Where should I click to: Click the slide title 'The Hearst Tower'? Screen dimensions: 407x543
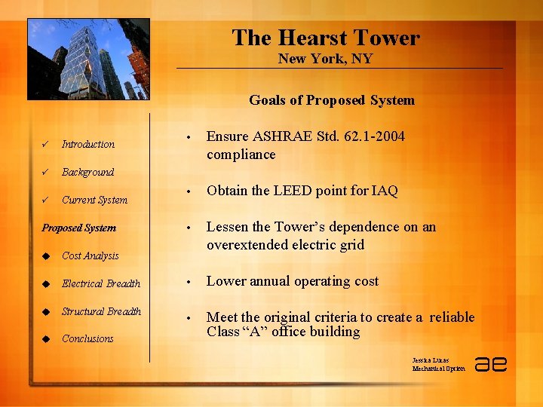click(326, 38)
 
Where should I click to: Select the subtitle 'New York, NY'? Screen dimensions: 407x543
click(325, 59)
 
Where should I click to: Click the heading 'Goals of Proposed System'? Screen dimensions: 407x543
click(332, 100)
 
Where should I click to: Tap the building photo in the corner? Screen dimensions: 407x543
click(88, 59)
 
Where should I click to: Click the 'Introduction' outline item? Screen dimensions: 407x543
click(88, 144)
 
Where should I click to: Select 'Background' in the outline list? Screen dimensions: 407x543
click(87, 172)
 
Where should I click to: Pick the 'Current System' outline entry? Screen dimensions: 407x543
click(94, 200)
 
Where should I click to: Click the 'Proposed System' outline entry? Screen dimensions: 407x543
click(79, 228)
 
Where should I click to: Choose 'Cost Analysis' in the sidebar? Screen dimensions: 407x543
click(90, 256)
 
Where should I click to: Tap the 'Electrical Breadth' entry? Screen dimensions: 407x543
click(101, 283)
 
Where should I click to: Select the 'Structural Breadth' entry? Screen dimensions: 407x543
click(101, 311)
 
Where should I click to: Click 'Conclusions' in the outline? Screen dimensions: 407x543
click(87, 338)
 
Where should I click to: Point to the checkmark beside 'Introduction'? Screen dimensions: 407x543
click(46, 144)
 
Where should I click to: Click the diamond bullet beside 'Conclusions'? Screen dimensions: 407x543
click(46, 338)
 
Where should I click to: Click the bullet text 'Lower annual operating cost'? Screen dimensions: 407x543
click(293, 281)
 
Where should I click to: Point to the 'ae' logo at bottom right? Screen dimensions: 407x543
click(490, 363)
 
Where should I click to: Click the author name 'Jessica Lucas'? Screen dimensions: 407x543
click(431, 360)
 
